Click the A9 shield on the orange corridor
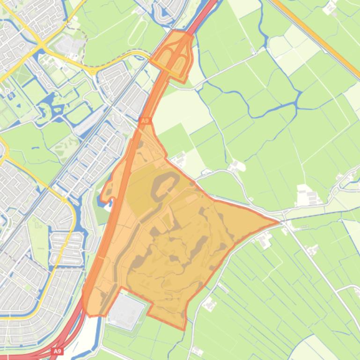[x=145, y=121]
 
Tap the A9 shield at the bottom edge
[x=57, y=351]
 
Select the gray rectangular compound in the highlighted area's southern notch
[x=126, y=310]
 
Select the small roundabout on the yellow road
[x=94, y=72]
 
